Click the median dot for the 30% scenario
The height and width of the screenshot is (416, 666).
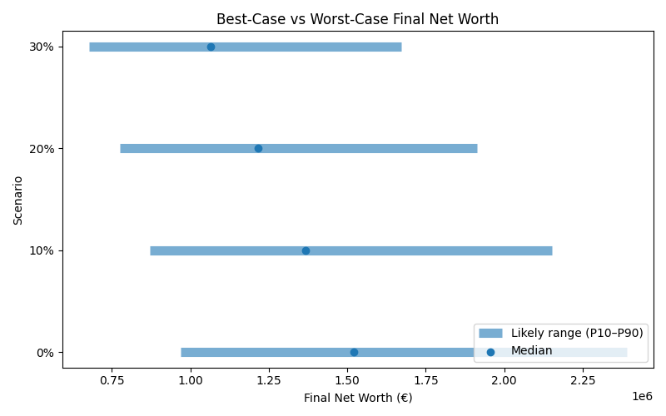tap(211, 47)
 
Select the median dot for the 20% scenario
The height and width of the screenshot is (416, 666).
tap(258, 148)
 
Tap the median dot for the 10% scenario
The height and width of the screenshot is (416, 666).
tap(306, 250)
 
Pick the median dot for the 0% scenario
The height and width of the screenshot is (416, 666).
tap(354, 352)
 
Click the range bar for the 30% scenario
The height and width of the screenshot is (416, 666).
tap(333, 47)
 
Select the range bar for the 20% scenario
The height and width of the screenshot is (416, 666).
tap(375, 148)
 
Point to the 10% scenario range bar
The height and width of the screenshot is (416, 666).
tap(433, 250)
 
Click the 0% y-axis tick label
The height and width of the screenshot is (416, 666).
tap(46, 353)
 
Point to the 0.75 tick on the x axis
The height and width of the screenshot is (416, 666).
tap(112, 380)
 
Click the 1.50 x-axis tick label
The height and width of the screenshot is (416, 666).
tap(347, 380)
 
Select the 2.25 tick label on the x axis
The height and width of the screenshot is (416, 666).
tap(583, 380)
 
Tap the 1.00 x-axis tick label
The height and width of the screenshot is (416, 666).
tap(191, 380)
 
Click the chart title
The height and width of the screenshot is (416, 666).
tap(357, 19)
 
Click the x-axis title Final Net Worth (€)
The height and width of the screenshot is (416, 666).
tap(358, 398)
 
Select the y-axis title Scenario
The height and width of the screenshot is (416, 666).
tap(18, 200)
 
